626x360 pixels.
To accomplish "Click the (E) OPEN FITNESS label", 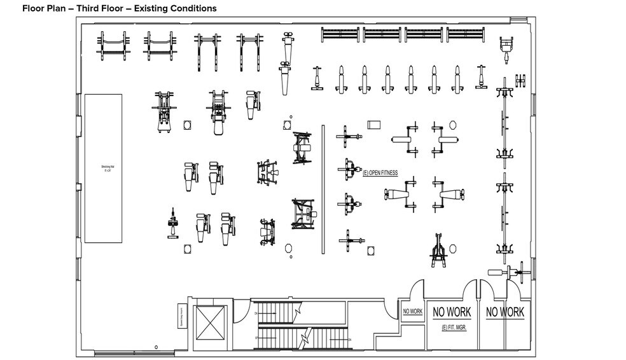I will (380, 172).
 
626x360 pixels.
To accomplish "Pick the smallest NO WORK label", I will (412, 312).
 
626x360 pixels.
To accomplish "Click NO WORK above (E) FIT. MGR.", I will (452, 312).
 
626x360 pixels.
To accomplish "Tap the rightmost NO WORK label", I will (504, 312).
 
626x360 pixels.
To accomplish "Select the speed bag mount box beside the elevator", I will (181, 315).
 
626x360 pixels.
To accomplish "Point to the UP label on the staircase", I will (256, 338).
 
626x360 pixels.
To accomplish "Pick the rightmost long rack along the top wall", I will (466, 35).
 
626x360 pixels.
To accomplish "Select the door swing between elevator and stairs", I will (238, 312).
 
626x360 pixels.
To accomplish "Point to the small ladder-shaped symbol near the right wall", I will (521, 81).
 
